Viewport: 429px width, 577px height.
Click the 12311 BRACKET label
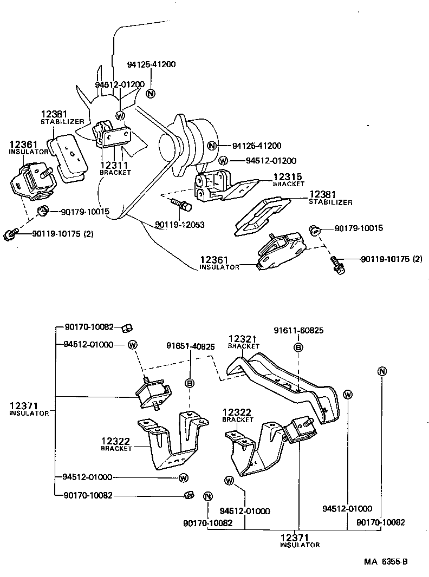(x=115, y=168)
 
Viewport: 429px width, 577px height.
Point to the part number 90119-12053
(x=179, y=225)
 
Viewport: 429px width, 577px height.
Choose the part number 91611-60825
(x=297, y=330)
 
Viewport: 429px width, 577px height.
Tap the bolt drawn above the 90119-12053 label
(x=180, y=204)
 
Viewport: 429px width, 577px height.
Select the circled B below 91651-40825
(x=190, y=383)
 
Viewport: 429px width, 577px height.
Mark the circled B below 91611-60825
(x=298, y=347)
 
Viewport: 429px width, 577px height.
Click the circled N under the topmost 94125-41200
(x=151, y=93)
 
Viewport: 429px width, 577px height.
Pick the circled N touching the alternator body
(x=213, y=145)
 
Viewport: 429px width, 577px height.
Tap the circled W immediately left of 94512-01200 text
(x=223, y=160)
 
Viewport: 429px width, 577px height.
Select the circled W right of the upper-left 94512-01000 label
(x=133, y=344)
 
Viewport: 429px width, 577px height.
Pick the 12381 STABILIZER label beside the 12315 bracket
(x=330, y=198)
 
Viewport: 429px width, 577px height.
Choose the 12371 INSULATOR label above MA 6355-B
(x=300, y=541)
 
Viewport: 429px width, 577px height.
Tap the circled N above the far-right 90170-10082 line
(x=382, y=371)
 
